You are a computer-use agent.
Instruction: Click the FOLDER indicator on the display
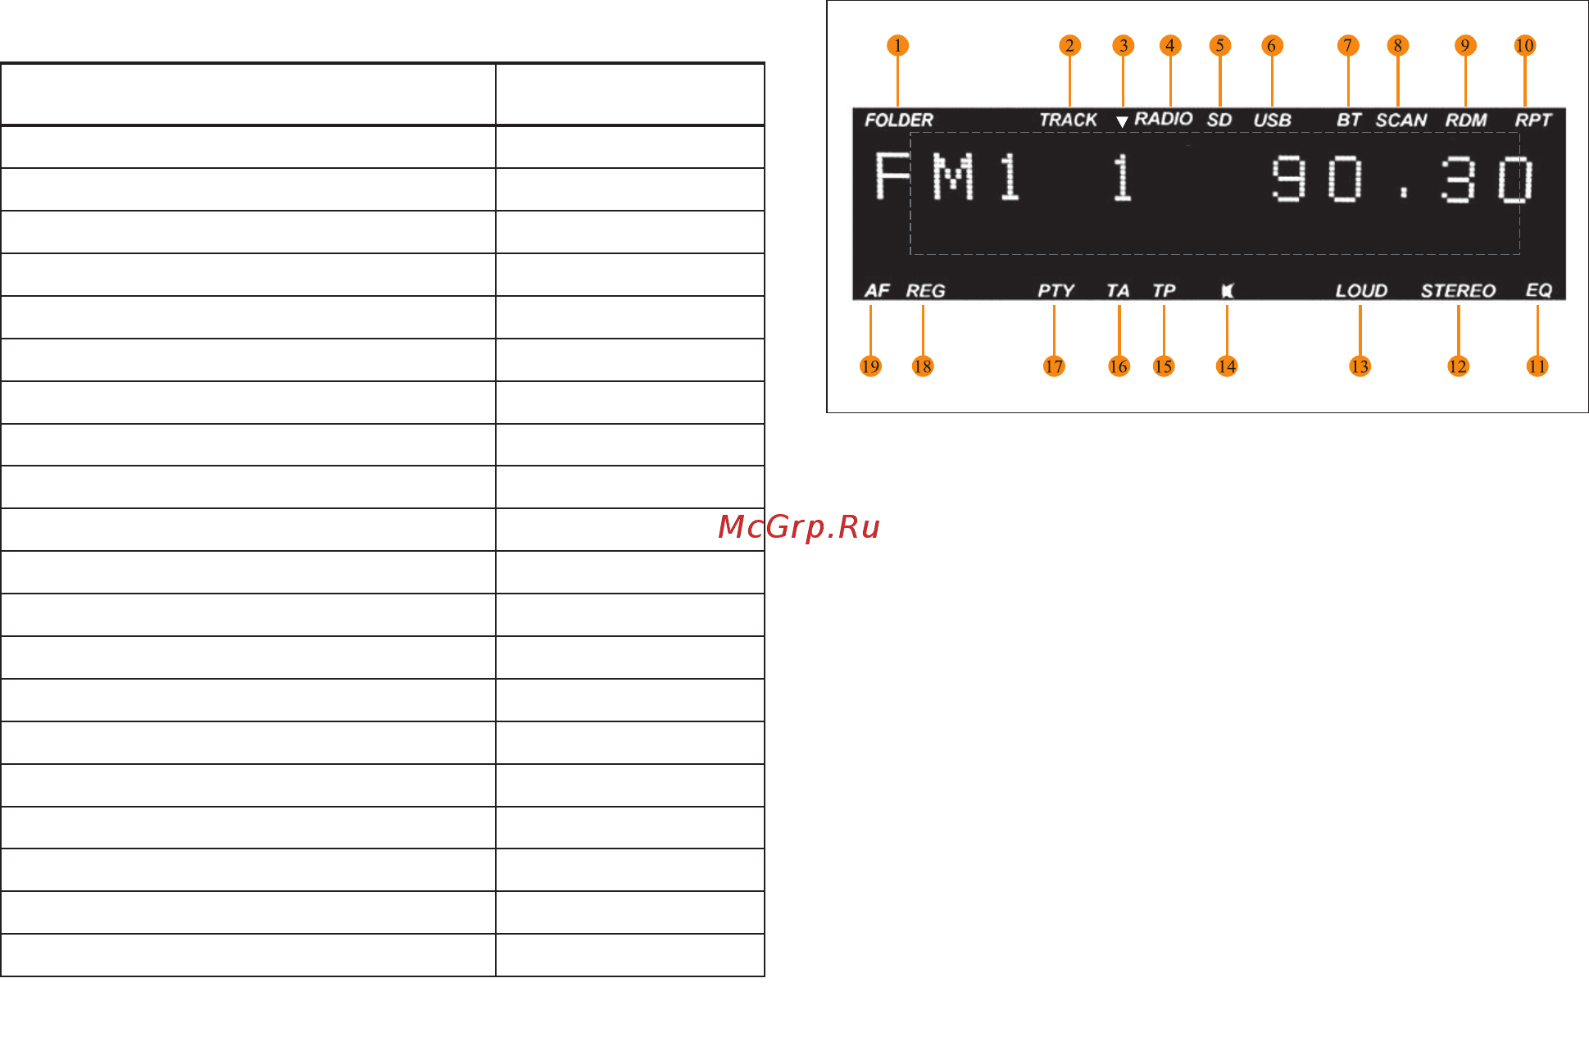click(898, 121)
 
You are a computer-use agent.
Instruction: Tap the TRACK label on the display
click(1068, 121)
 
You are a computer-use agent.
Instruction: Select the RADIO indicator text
click(1163, 119)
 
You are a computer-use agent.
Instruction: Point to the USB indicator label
click(1272, 121)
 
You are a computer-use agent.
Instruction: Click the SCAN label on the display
click(1401, 121)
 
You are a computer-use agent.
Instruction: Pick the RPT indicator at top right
click(1532, 121)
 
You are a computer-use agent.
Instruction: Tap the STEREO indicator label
click(1458, 291)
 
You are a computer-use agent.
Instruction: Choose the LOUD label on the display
click(1361, 291)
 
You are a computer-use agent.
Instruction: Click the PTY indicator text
click(1056, 291)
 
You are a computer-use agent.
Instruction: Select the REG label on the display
click(925, 291)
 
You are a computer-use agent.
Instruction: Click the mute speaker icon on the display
click(1228, 291)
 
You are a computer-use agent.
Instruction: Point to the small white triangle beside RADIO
click(1122, 122)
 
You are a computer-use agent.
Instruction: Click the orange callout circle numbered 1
click(897, 45)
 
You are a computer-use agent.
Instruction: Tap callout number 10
click(1524, 45)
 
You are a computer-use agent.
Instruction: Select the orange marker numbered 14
click(1226, 366)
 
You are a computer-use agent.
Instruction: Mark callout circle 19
click(870, 366)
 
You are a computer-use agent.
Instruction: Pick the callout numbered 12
click(1458, 366)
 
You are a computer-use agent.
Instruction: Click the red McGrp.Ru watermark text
click(799, 527)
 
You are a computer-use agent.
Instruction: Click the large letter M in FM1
click(953, 178)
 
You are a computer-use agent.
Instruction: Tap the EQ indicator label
click(1538, 291)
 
